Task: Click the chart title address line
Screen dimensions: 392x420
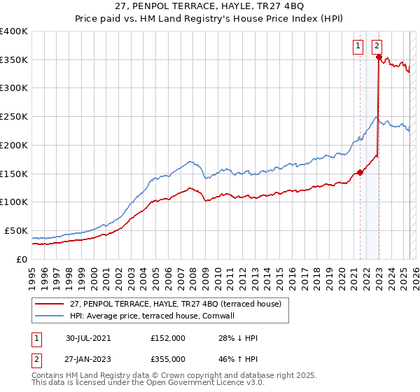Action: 209,8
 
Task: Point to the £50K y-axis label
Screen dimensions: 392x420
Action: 16,230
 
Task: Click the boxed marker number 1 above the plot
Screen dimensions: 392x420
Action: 358,47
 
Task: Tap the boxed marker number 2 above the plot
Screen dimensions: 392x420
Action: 377,47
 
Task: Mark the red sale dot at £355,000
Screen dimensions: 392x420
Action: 379,58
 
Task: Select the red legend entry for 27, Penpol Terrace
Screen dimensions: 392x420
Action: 175,304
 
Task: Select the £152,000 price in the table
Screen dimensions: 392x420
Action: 168,338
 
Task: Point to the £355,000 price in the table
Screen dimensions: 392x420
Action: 168,359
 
